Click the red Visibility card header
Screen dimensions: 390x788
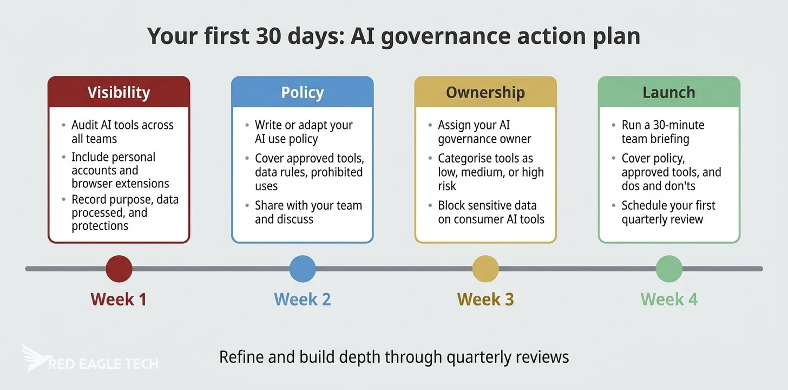coord(119,92)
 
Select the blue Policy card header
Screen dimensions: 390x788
coord(302,92)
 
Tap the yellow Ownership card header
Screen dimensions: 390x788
coord(485,92)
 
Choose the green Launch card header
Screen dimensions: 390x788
coord(669,92)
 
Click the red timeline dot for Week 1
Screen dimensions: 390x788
coord(119,269)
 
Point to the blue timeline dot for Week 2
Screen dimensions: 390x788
coord(303,269)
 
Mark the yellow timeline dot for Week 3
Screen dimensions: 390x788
coord(485,269)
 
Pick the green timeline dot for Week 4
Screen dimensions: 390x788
coord(669,269)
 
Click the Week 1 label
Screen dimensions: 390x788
coord(119,299)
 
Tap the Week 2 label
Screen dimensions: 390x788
coord(302,299)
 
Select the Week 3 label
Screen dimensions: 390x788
coord(485,299)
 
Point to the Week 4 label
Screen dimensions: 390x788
coord(669,299)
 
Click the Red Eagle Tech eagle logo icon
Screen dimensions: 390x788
coord(34,357)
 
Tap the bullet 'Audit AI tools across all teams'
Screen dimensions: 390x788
coord(122,132)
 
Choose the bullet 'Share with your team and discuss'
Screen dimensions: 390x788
coord(308,212)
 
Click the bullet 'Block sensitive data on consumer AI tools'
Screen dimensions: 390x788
coord(491,212)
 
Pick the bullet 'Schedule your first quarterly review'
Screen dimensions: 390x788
coord(668,212)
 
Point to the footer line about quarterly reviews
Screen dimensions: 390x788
coord(394,357)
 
